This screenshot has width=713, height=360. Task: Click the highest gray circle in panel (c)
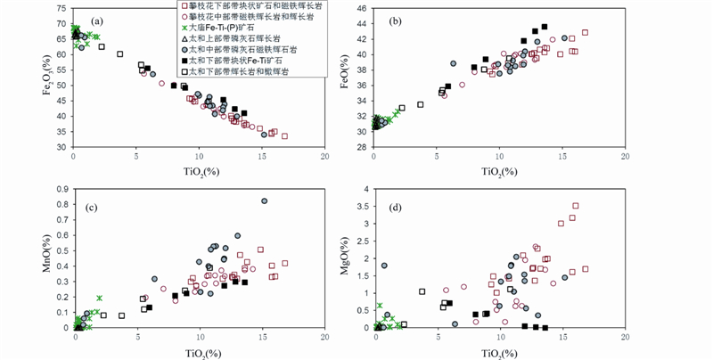[x=264, y=201]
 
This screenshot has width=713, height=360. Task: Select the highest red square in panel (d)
[x=575, y=206]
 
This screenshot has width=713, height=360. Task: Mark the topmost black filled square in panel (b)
[x=545, y=27]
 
